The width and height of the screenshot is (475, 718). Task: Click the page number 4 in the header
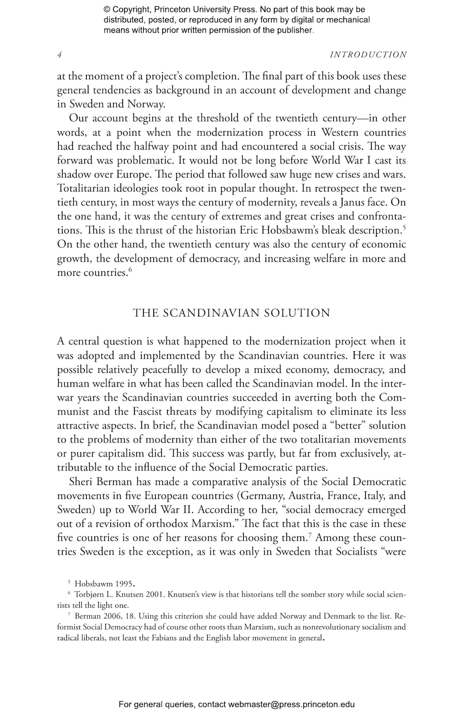[59, 55]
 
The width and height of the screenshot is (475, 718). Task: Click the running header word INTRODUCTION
[368, 55]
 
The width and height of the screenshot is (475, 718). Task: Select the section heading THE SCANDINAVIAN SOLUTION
[231, 313]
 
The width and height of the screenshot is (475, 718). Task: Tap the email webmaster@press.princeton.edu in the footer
[291, 704]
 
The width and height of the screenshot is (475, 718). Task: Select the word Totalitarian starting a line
[82, 189]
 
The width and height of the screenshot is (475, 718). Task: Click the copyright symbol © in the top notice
[106, 10]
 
